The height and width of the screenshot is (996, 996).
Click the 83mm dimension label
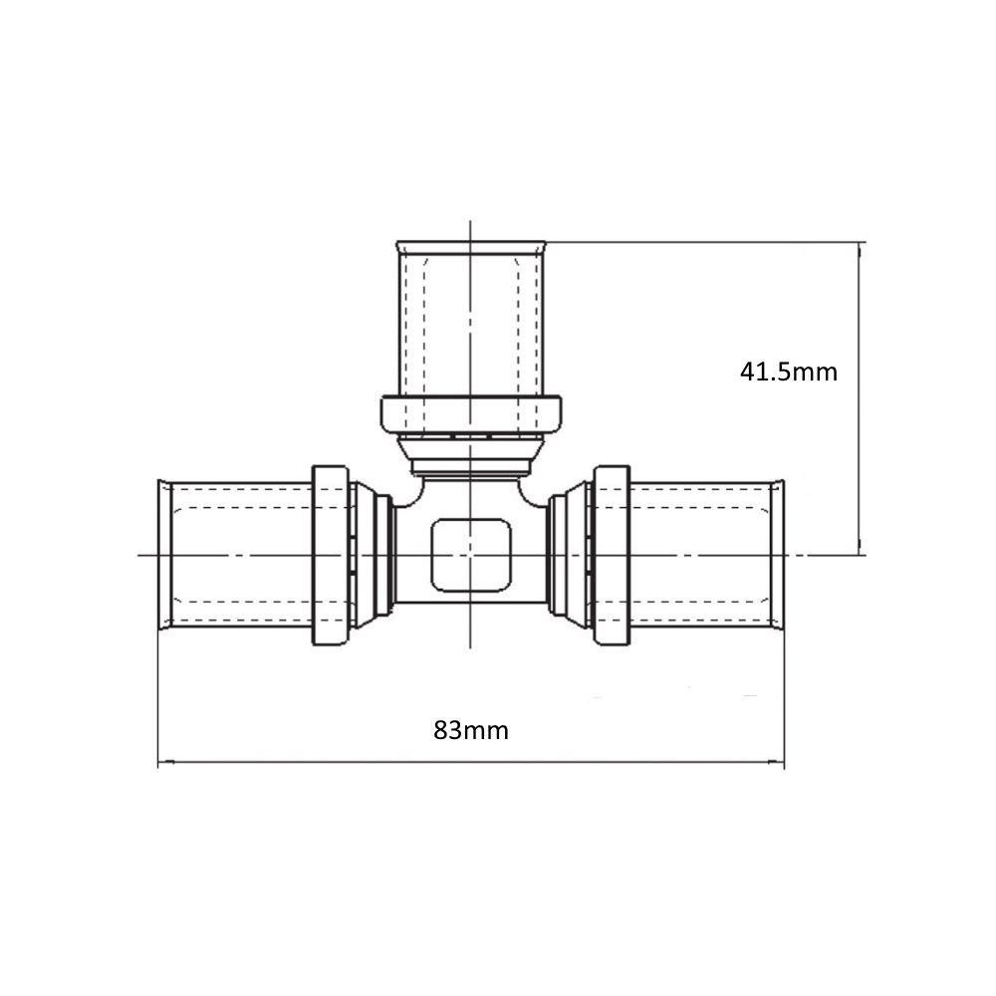click(x=471, y=730)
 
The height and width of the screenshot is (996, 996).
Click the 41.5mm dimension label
click(x=788, y=372)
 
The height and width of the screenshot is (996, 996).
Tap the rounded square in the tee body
click(x=471, y=555)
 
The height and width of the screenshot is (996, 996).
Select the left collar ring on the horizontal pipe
click(x=331, y=555)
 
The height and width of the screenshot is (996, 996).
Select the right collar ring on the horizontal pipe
click(x=612, y=555)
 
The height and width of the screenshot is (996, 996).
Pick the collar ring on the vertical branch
click(x=471, y=414)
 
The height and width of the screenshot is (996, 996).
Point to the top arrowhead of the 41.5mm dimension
click(x=860, y=250)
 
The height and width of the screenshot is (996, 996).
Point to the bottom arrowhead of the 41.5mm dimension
click(x=860, y=547)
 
